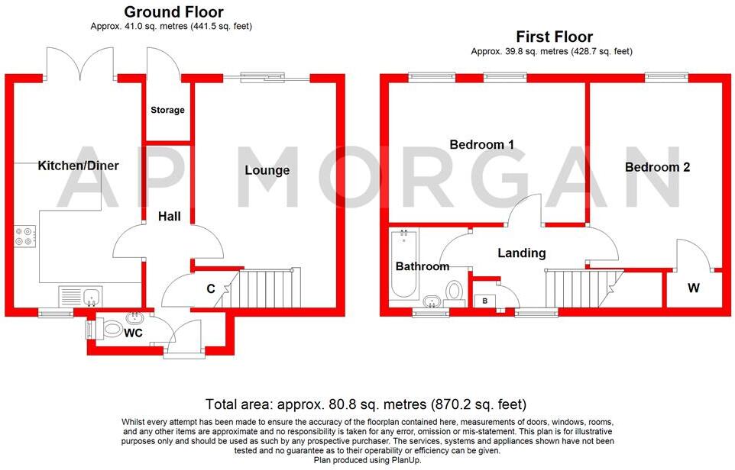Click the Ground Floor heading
[173, 12]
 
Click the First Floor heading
[554, 37]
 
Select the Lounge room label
[267, 170]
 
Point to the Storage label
[167, 110]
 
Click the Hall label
[169, 217]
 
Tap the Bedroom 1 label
[481, 144]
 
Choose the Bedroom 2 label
[657, 167]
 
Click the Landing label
[522, 253]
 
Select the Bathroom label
[422, 266]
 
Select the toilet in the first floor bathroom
[455, 291]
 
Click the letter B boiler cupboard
[484, 300]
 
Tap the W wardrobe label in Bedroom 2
[693, 288]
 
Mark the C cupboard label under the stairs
[210, 289]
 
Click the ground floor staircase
[271, 286]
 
